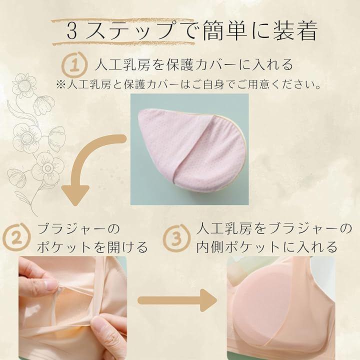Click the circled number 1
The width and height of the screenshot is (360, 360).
tap(74, 64)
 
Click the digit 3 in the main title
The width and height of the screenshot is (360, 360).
tap(72, 31)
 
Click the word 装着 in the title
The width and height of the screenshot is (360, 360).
tap(295, 30)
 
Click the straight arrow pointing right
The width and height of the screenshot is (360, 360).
tap(177, 300)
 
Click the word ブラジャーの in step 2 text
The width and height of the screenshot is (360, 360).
tap(78, 228)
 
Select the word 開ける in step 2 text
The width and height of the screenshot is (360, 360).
tap(127, 247)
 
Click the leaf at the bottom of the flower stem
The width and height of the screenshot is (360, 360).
tap(23, 198)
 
